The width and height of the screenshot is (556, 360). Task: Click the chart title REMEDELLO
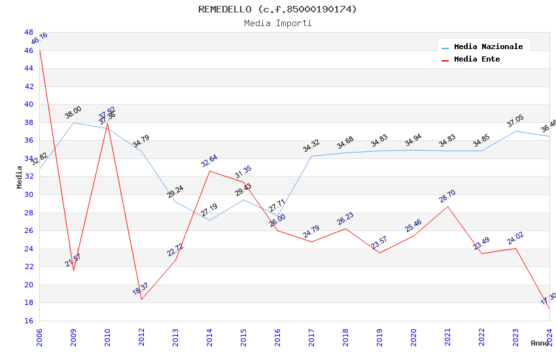278,9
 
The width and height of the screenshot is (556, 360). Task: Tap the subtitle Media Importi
278,23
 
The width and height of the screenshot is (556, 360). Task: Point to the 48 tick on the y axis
29,32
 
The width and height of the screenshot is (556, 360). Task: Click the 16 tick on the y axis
29,321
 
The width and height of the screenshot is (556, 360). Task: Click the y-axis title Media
20,177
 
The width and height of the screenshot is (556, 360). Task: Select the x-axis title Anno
540,343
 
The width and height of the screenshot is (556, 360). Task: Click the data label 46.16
39,38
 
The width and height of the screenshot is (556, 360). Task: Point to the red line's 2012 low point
141,299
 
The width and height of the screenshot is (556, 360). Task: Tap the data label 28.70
447,196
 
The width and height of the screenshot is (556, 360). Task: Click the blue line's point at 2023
515,131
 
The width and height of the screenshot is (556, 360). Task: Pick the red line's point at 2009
73,270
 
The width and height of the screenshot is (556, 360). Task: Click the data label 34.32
311,146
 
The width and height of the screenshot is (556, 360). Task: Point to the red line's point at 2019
379,253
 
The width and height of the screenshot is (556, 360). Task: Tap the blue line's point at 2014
209,220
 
